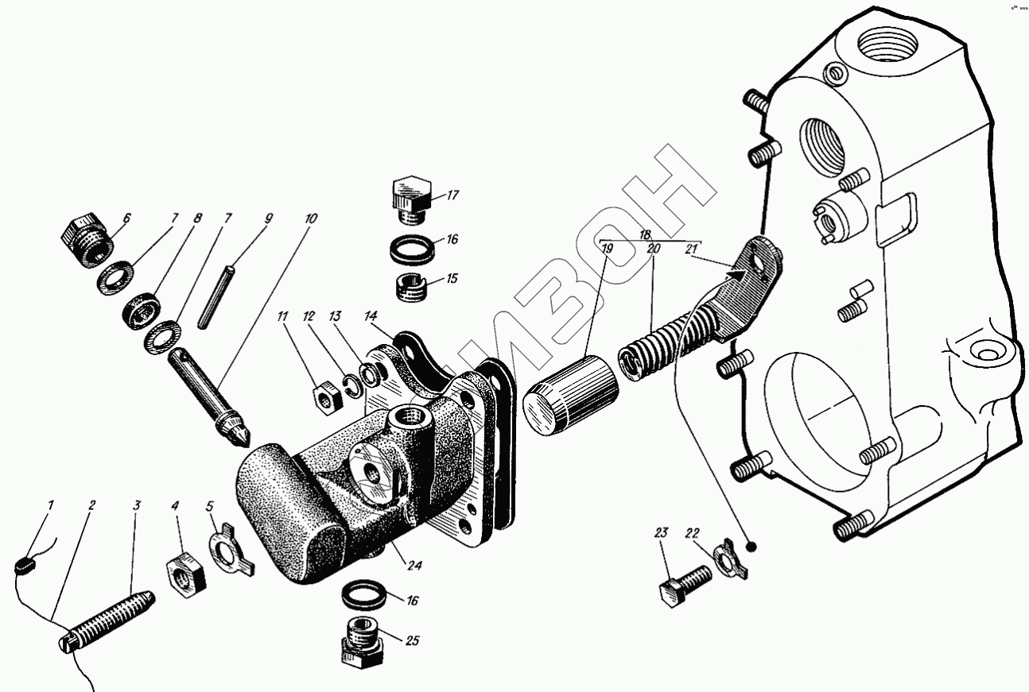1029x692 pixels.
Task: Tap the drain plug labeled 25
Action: click(x=361, y=641)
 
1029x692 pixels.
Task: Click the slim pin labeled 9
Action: click(x=217, y=293)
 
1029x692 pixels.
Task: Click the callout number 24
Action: click(x=414, y=566)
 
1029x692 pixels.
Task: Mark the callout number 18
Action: click(x=646, y=234)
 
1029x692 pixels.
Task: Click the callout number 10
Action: click(x=309, y=217)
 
